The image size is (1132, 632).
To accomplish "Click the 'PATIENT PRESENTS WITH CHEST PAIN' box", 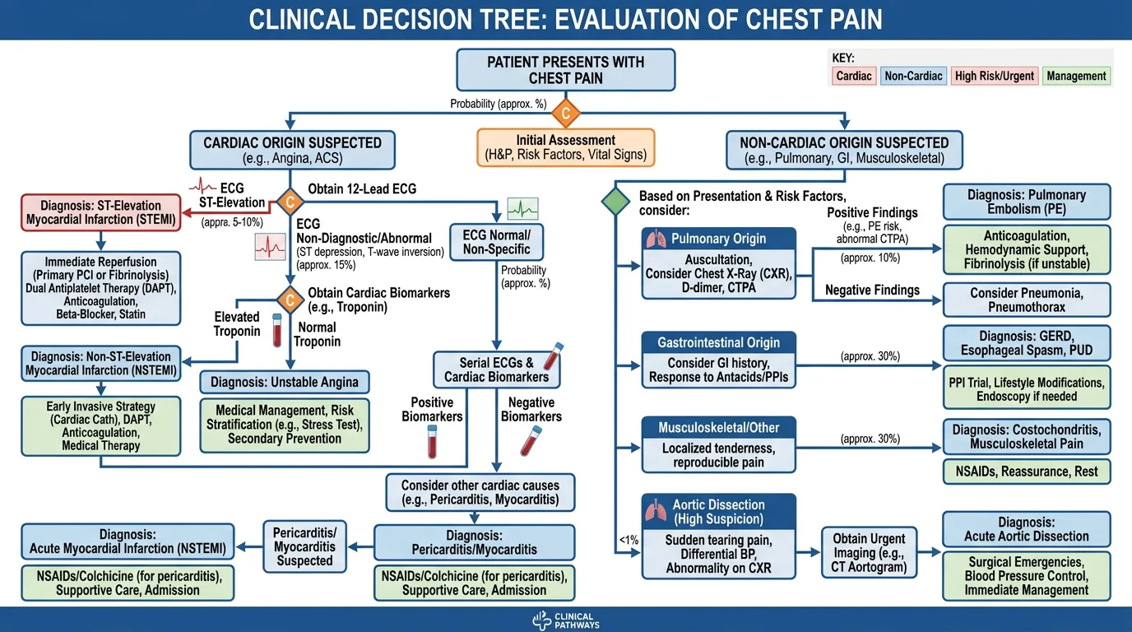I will coord(566,70).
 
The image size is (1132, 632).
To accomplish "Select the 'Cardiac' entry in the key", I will coord(853,76).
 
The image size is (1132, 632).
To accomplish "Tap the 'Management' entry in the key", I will coord(1076,76).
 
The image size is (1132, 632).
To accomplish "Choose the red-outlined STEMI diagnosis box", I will coord(102,212).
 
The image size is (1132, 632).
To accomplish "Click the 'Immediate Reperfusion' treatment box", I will coord(101,287).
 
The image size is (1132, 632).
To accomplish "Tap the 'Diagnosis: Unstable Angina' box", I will coord(285,382).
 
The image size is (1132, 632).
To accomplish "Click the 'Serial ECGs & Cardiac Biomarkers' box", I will coord(496,369).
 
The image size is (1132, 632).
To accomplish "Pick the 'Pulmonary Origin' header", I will coord(719,239).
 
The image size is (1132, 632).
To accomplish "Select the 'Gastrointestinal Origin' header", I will coord(719,342).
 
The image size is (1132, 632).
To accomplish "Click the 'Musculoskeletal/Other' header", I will coord(719,428).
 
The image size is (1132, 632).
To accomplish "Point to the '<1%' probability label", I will coord(628,541).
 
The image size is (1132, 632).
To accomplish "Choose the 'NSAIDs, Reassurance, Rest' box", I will coord(1027,472).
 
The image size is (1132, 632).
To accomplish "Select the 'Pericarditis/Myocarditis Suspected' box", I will coord(304,546).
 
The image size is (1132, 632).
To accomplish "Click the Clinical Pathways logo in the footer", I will coord(566,620).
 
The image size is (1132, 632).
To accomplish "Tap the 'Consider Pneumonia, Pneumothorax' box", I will coord(1027,300).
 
